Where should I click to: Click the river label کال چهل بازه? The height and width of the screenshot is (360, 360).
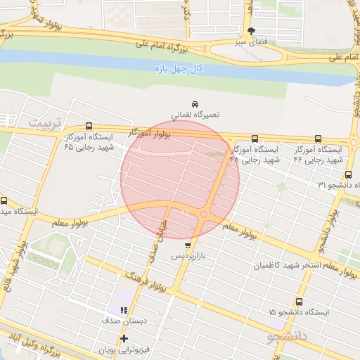point(179,68)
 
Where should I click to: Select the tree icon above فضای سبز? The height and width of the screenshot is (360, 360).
point(252,30)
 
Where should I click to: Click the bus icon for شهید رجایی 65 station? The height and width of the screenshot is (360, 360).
point(88,126)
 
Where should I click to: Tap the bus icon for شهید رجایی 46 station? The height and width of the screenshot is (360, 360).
point(318,139)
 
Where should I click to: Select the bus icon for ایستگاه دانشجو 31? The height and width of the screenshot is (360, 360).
point(348,174)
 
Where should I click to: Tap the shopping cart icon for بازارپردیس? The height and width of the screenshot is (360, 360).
point(187,245)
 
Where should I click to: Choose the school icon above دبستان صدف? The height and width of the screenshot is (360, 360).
point(124,310)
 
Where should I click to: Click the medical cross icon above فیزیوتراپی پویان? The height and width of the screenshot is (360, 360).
point(124,338)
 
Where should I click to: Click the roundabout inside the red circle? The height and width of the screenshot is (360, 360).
point(205,214)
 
